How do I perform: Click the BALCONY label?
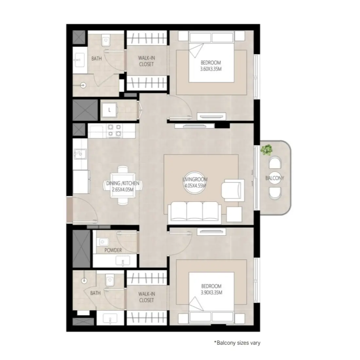(x=275, y=178)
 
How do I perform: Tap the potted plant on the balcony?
(x=267, y=150)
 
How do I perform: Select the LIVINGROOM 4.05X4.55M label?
(x=196, y=182)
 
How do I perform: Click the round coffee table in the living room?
(x=196, y=182)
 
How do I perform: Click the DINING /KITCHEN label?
(x=123, y=183)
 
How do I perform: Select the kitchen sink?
(x=79, y=154)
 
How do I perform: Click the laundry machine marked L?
(x=109, y=110)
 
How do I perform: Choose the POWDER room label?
(x=113, y=250)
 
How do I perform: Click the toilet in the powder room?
(x=102, y=242)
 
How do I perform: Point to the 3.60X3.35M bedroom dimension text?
(x=211, y=68)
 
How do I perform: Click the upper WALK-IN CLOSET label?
(x=146, y=61)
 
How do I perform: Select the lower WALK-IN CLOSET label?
(x=146, y=297)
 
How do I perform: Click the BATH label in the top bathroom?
(x=97, y=59)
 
